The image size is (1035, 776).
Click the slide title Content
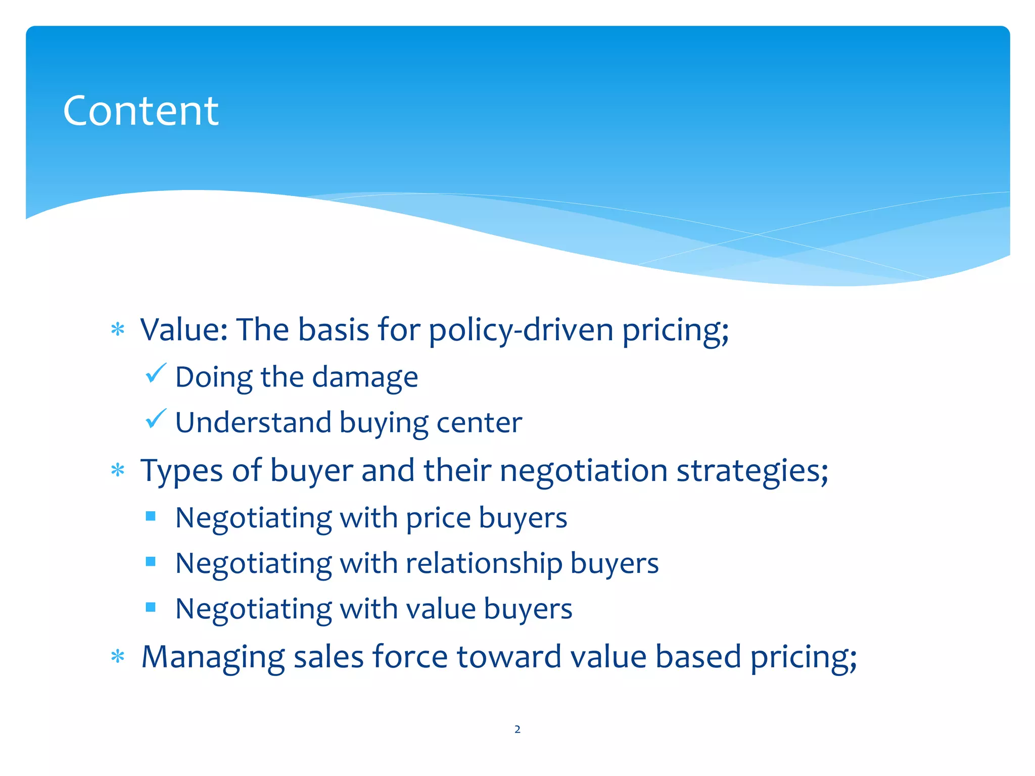click(140, 111)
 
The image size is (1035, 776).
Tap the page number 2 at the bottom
click(517, 729)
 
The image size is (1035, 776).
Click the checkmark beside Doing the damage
click(156, 373)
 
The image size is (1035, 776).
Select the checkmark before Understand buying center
click(156, 419)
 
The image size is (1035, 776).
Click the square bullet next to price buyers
click(151, 516)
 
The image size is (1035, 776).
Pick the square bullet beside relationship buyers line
click(151, 561)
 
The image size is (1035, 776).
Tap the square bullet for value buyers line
click(151, 607)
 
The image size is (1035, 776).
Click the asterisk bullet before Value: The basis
click(118, 330)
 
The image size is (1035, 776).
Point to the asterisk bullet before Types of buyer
click(118, 470)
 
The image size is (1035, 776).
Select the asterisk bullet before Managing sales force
click(118, 656)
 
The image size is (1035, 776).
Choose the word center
click(479, 422)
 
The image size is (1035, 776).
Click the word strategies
click(752, 471)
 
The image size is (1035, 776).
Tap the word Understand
click(253, 422)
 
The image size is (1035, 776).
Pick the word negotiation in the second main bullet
click(584, 471)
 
